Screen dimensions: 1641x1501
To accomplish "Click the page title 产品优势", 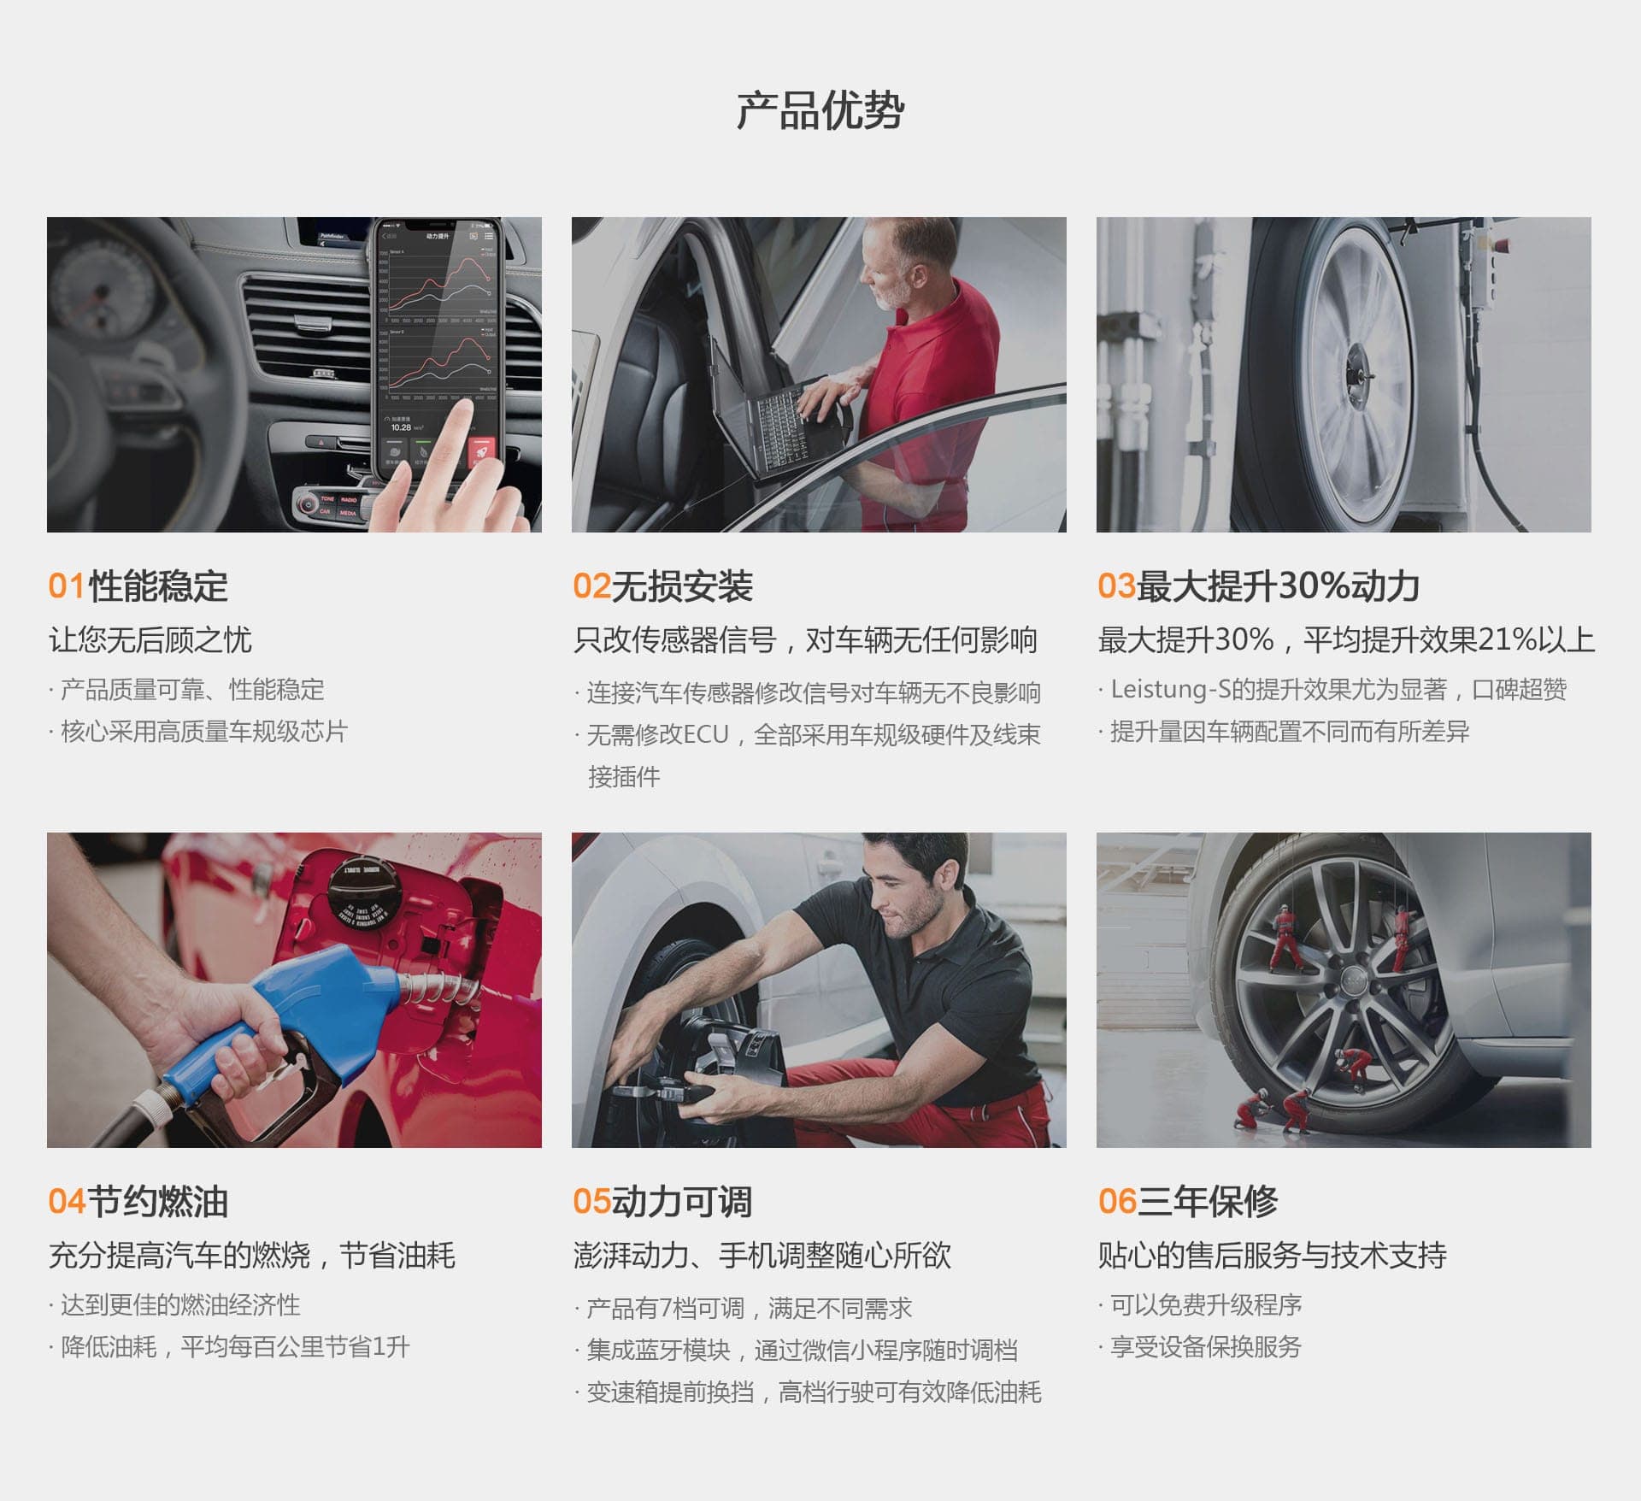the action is pos(820,111).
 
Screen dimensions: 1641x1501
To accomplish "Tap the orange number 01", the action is pos(67,586).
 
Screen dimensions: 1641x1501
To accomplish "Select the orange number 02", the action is pos(591,586).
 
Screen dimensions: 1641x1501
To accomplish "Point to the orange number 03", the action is pos(1116,586).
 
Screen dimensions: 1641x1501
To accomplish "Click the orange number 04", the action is pos(67,1202).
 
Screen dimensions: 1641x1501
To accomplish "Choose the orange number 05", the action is pos(591,1202).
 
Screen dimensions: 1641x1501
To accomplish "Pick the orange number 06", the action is pos(1116,1202).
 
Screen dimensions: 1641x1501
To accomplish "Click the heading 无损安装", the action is pos(682,586).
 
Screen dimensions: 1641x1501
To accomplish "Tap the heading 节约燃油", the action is pos(158,1202).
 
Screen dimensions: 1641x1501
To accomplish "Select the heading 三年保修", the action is pos(1208,1202).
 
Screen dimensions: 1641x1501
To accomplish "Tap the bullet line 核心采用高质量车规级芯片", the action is pos(203,732).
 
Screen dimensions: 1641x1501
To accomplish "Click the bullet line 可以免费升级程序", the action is pos(1205,1305).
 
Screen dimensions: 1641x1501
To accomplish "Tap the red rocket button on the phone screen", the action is pos(481,451).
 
